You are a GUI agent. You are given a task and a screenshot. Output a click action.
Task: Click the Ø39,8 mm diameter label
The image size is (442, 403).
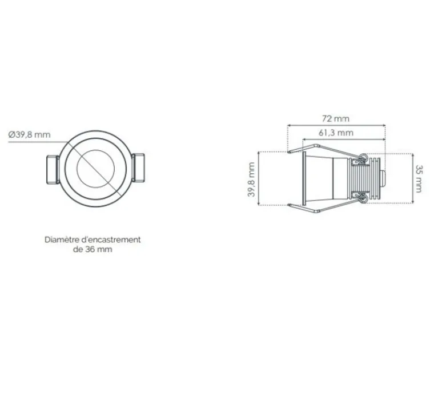[29, 134]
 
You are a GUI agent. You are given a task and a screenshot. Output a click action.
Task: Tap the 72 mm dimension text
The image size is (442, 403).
[335, 118]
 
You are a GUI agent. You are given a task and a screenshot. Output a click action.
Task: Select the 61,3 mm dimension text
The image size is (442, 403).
[335, 133]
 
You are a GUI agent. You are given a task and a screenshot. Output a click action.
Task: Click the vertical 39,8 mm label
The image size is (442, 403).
[251, 179]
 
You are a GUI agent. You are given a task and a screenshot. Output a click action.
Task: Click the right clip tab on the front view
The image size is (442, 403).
[139, 169]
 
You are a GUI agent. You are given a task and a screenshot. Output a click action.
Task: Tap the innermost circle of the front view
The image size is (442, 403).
[95, 169]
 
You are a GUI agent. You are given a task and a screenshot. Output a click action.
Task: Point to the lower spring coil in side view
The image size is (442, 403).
[363, 198]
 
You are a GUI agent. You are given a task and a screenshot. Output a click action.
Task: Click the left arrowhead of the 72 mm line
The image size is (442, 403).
[288, 125]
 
